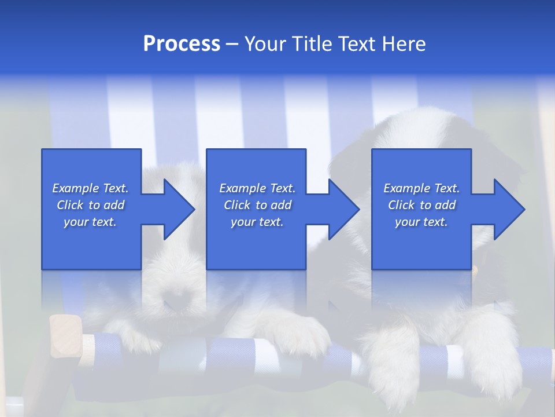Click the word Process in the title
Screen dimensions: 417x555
coord(182,44)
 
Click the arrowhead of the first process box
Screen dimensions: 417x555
coord(179,209)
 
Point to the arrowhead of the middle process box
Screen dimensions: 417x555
coord(343,209)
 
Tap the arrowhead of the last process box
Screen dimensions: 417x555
coord(509,209)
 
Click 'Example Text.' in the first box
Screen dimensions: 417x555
coord(90,188)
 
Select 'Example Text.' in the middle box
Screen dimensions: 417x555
coord(257,188)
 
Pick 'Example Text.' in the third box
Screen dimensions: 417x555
coord(421,188)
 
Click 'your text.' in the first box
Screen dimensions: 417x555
coord(90,222)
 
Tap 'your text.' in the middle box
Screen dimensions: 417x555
coord(257,222)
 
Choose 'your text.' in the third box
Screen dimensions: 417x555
coord(421,222)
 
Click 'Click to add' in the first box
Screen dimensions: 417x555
coord(90,205)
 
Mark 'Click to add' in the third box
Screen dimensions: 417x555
coord(421,205)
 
